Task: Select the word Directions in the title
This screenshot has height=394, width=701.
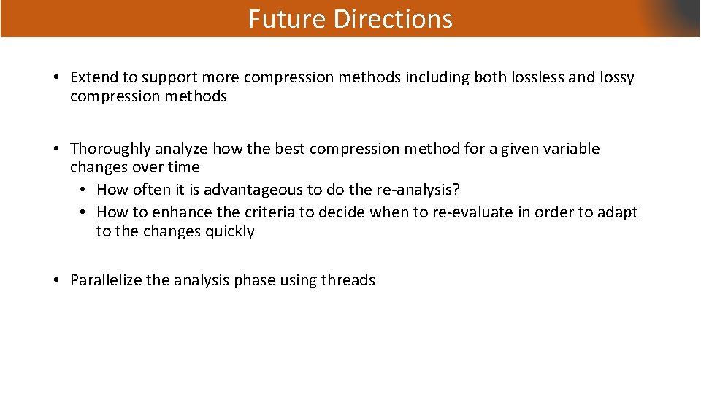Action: click(x=393, y=19)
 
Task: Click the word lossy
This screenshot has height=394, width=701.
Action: click(x=616, y=77)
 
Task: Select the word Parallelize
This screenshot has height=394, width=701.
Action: click(x=106, y=280)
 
